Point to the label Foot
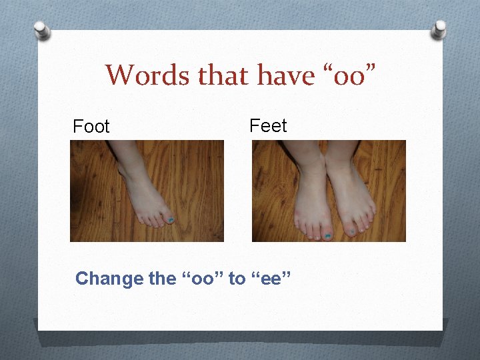(x=91, y=127)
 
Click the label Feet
(x=268, y=125)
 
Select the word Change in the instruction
(x=109, y=279)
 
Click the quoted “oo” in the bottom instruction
(x=203, y=279)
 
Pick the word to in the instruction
(x=237, y=279)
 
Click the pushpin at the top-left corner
(x=42, y=29)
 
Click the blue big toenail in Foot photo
(x=171, y=220)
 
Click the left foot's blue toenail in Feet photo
(x=327, y=235)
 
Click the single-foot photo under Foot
(x=147, y=191)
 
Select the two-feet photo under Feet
(x=329, y=191)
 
